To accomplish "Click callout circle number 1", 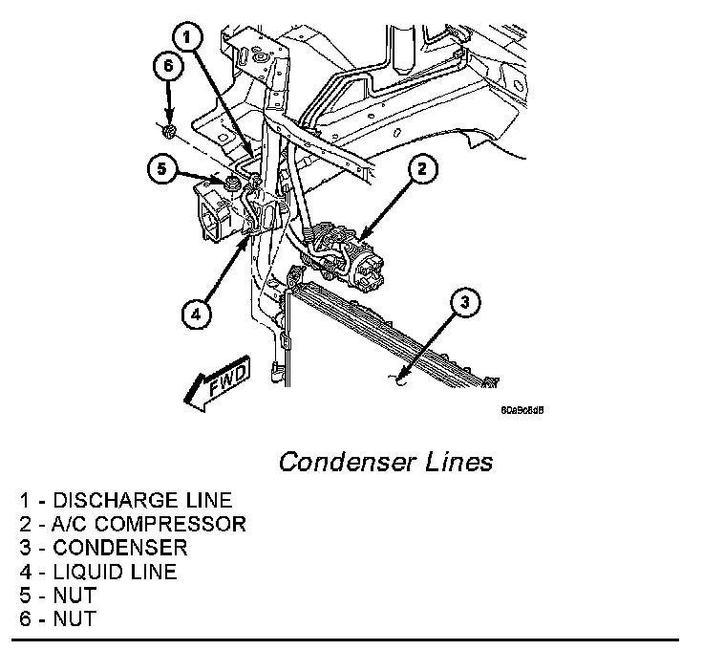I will click(188, 38).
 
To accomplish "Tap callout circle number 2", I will click(422, 170).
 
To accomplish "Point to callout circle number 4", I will click(196, 313).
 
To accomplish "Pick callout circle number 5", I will click(162, 170).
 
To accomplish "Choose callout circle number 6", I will click(167, 66).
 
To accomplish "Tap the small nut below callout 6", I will click(169, 128).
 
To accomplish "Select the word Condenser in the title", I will click(346, 463).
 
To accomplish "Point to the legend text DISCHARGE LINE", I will click(142, 500).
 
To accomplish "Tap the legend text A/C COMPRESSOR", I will click(150, 524).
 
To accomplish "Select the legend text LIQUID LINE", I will click(116, 572).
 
